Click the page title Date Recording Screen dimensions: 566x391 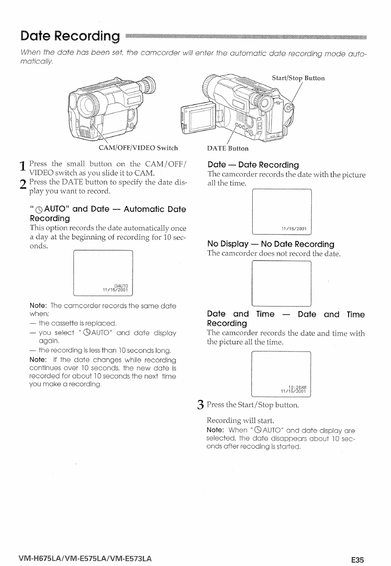[x=69, y=36]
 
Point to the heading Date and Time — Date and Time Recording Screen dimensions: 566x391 [x=286, y=319]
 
